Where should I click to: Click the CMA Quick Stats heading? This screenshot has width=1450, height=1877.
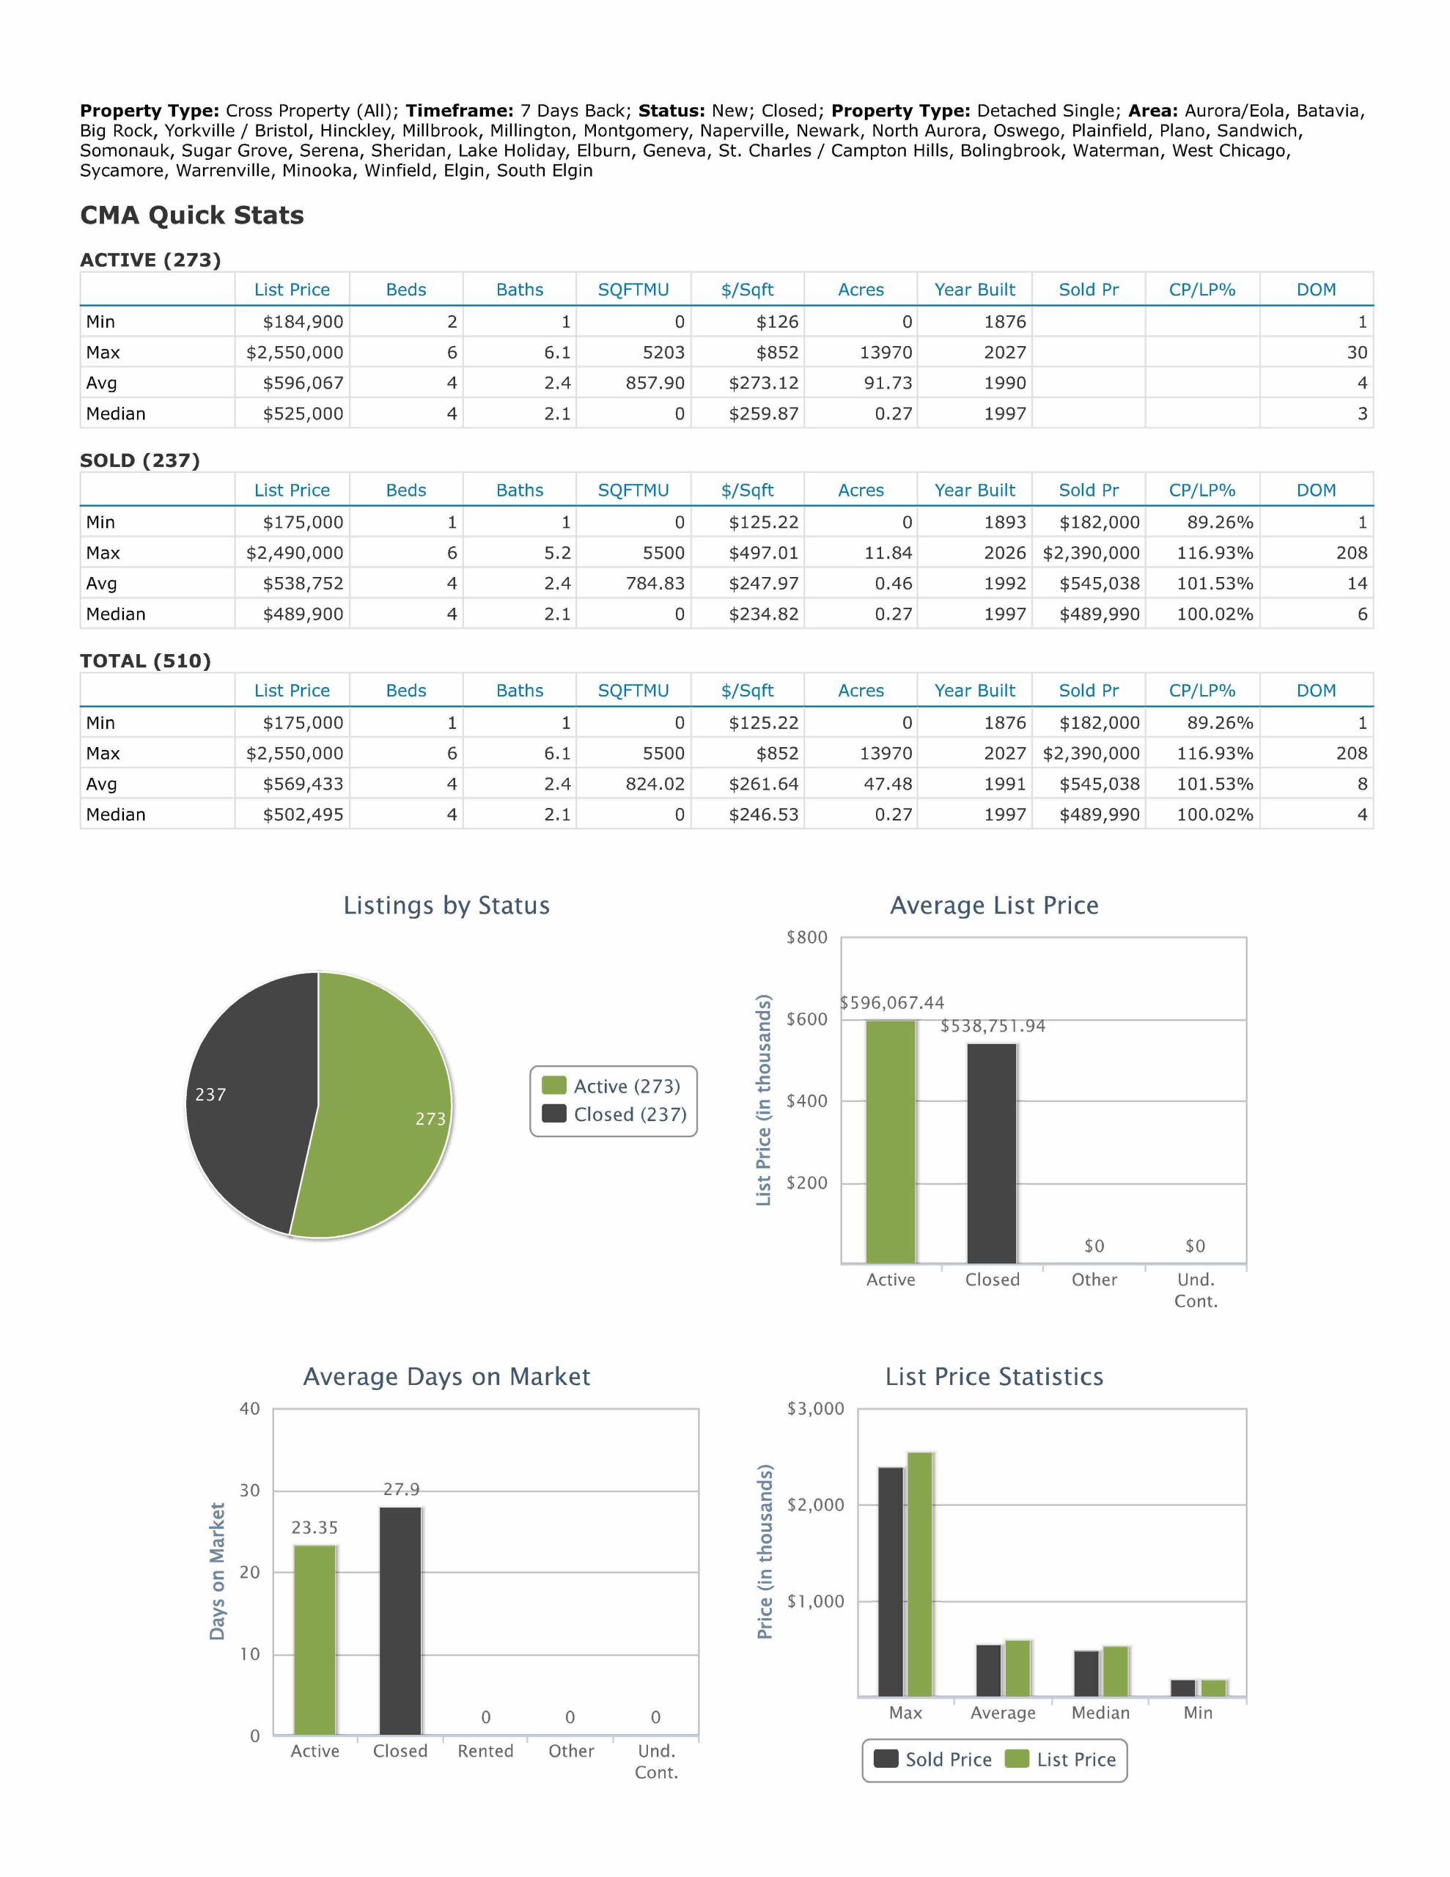(x=191, y=215)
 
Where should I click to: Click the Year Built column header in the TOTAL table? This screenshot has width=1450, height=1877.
(x=975, y=690)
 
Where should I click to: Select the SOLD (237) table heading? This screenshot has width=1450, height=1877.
(x=140, y=460)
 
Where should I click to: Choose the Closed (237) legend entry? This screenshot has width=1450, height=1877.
(x=614, y=1114)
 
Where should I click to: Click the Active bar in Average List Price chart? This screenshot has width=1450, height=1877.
(x=891, y=1142)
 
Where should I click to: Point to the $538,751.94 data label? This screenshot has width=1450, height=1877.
(x=993, y=1026)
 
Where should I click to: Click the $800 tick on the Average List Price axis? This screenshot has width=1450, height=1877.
(x=806, y=938)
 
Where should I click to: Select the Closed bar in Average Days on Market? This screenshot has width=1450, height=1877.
(x=400, y=1620)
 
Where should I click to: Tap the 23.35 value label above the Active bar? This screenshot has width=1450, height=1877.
(x=314, y=1527)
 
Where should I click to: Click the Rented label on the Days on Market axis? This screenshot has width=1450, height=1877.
(x=485, y=1751)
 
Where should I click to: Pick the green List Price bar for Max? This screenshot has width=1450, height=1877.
(x=920, y=1573)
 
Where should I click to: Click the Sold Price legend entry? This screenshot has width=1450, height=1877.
(x=932, y=1759)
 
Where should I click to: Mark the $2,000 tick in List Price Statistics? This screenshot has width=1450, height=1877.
(x=816, y=1505)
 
